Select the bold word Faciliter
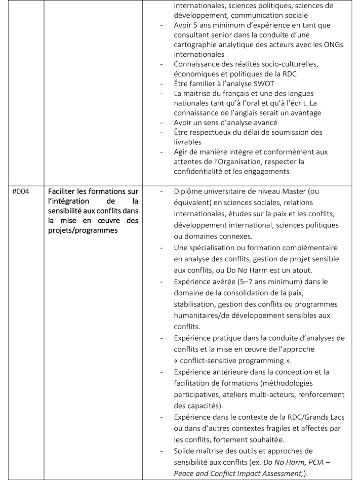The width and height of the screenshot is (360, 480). (65, 192)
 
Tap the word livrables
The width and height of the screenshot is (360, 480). (189, 142)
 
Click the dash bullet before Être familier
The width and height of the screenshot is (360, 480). (162, 83)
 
